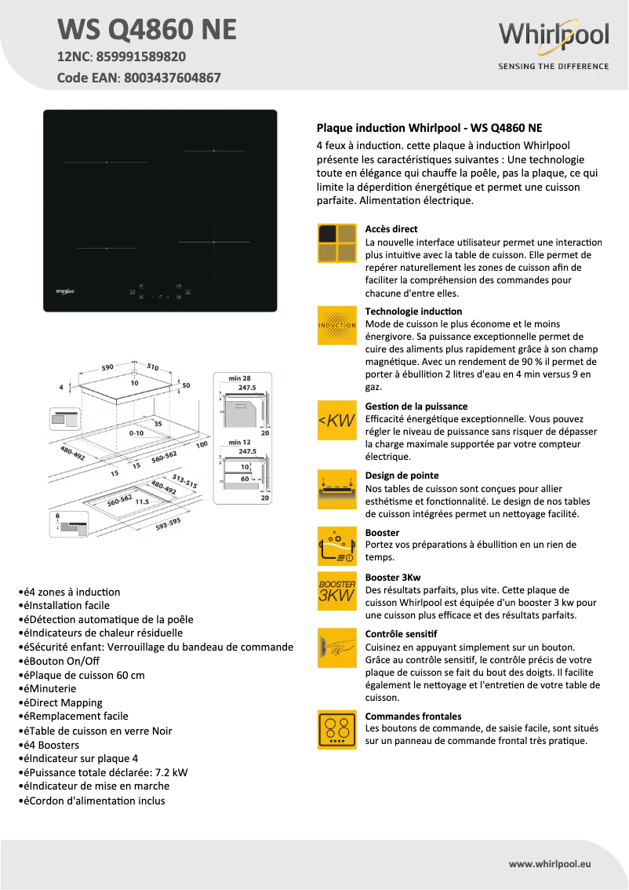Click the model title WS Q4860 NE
pos(147,30)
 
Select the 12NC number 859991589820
pos(141,57)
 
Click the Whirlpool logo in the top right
pos(554,36)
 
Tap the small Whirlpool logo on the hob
pos(64,291)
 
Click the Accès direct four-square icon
pos(337,243)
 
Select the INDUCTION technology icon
pos(337,325)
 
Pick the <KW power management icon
pos(337,421)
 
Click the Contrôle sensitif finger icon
pos(337,647)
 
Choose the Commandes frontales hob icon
pos(337,730)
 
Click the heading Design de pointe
pos(402,476)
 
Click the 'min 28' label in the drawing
pos(239,378)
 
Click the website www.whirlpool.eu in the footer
pos(550,863)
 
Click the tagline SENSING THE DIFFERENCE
pos(554,67)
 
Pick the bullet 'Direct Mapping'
pos(65,702)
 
